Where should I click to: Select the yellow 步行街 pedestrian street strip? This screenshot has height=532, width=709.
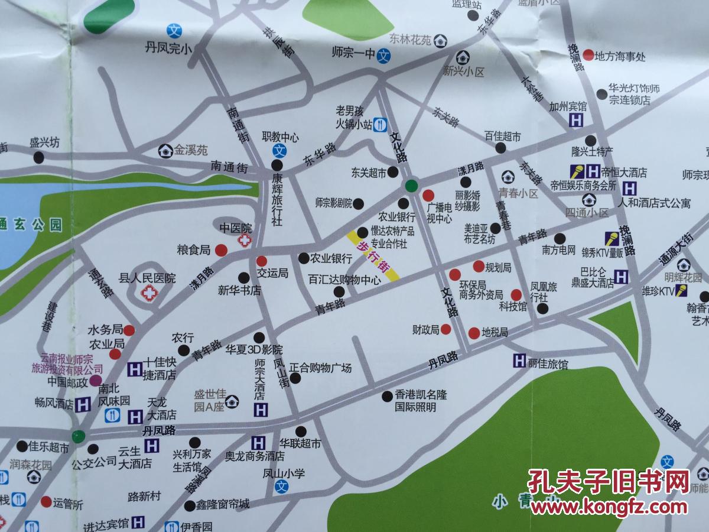[373, 255]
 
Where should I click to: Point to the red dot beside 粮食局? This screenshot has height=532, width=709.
[220, 250]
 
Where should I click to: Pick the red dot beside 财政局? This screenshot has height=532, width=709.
[446, 329]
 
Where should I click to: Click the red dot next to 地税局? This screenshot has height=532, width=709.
[473, 333]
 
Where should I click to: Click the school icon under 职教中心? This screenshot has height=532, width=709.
[281, 150]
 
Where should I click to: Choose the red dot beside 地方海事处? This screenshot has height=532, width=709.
[588, 56]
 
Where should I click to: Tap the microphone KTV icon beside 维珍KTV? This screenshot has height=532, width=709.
[682, 290]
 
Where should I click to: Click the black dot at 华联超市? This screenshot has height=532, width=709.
[301, 431]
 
